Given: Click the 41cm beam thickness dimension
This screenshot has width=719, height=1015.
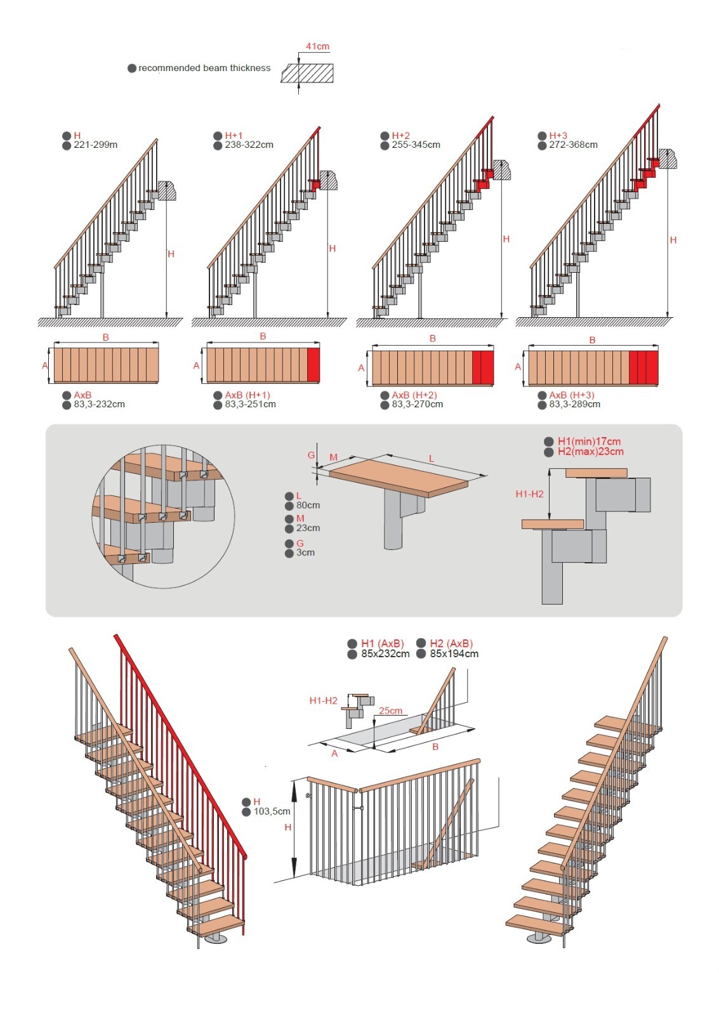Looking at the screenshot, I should [317, 46].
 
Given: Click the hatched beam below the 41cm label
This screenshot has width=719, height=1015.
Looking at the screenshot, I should [308, 73].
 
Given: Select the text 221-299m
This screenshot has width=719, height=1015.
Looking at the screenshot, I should [95, 145].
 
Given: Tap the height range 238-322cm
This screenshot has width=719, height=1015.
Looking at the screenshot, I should [249, 145].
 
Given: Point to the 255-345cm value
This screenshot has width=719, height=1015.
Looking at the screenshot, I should [416, 145].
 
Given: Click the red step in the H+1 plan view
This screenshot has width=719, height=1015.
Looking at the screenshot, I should [313, 365].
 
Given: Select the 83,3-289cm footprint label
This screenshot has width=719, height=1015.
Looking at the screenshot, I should [574, 404].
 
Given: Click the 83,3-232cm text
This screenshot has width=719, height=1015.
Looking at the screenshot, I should [99, 404].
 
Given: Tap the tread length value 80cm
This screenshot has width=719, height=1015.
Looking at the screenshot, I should [308, 506].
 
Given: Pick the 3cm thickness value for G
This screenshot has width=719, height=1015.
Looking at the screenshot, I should [305, 553].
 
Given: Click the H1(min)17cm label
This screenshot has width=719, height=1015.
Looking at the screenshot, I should [589, 442].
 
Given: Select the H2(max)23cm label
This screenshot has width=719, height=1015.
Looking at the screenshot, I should [590, 452].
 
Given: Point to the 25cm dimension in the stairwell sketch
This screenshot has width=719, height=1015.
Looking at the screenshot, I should [390, 710].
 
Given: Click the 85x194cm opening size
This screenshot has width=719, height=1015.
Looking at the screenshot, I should [454, 654].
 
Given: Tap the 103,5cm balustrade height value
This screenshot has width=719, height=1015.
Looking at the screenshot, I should [272, 811].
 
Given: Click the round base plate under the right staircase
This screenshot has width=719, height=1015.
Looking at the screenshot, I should [539, 939].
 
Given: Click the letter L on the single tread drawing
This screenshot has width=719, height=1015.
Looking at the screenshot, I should [432, 458].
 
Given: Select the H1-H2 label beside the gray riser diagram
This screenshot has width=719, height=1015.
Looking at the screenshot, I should [529, 494].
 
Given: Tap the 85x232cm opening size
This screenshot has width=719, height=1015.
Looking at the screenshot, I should [385, 654].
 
